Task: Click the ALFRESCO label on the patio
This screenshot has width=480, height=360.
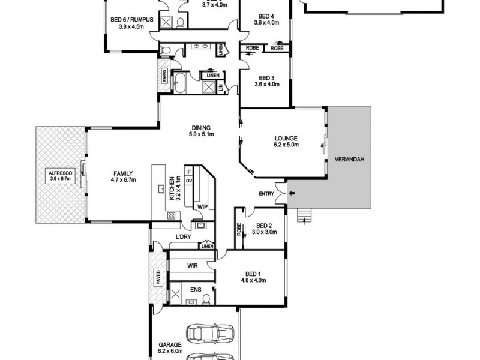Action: point(59,175)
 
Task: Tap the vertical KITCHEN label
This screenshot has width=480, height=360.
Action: point(174,188)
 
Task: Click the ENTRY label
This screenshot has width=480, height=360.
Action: point(266,194)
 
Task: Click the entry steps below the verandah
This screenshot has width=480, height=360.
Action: point(306,214)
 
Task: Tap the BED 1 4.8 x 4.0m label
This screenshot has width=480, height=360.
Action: point(253,277)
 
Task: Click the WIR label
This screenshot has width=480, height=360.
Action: point(193,265)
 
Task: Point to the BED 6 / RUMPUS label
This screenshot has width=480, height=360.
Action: point(132,23)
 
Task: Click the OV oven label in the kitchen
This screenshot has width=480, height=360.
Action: point(188,181)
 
